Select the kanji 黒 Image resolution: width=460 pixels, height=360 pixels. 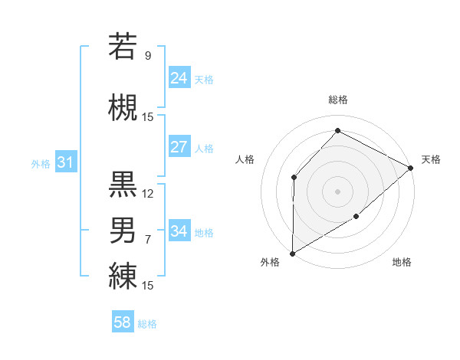click(123, 184)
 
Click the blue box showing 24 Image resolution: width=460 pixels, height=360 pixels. click(179, 77)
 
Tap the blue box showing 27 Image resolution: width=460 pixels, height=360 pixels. click(179, 147)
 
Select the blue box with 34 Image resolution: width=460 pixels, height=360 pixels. click(179, 231)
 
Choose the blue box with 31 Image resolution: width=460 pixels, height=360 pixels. click(64, 162)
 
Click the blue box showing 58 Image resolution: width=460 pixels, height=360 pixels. click(123, 322)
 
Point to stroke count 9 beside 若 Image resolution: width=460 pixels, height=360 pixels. click(148, 55)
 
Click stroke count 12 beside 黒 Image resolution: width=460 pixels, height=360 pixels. click(148, 194)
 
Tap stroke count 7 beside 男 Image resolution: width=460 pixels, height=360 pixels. click(148, 240)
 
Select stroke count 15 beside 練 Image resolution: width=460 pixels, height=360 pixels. click(148, 286)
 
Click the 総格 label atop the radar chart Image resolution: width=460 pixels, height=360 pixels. click(337, 100)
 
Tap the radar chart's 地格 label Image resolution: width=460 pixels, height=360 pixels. click(402, 263)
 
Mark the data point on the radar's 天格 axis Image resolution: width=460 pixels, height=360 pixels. click(411, 168)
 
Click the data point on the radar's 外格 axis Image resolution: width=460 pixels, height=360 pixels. click(292, 254)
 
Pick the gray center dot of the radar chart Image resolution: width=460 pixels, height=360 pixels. click(337, 191)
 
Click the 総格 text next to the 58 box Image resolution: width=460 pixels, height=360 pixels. click(147, 324)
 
